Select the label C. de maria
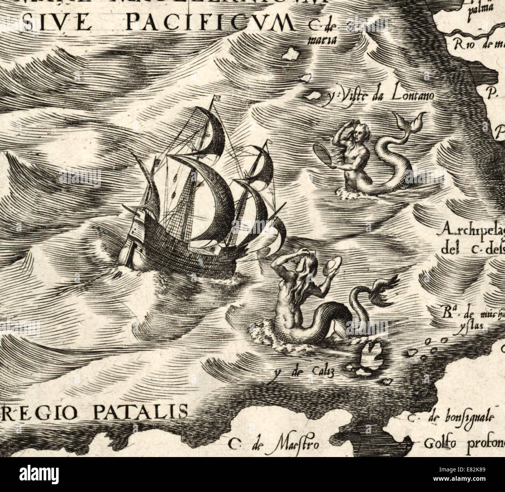[320, 32]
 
